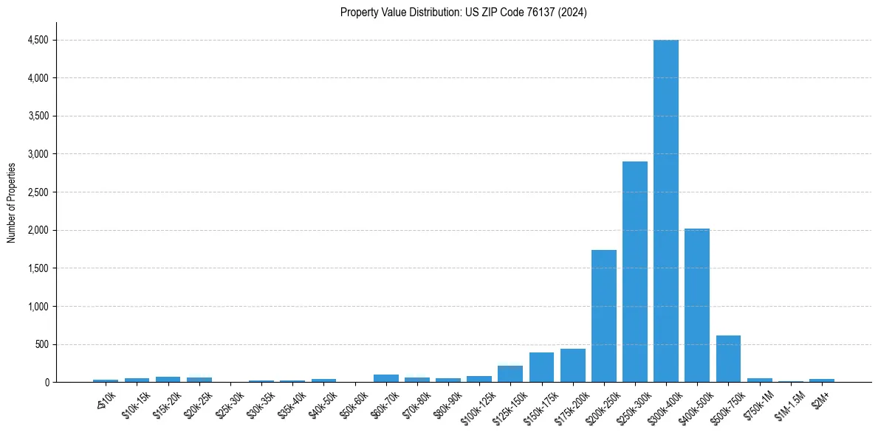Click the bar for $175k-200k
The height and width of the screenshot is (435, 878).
(x=572, y=366)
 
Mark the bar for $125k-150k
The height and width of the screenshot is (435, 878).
(x=510, y=374)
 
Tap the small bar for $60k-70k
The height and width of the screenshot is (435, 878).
(x=385, y=378)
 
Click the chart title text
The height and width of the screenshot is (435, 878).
(x=464, y=13)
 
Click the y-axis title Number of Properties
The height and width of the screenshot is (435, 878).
(x=12, y=203)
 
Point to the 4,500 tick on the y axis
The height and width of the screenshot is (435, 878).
(x=37, y=40)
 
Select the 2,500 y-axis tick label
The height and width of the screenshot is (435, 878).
(x=37, y=192)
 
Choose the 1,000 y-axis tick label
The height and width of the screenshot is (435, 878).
(x=37, y=307)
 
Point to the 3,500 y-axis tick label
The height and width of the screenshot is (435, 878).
(x=37, y=116)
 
